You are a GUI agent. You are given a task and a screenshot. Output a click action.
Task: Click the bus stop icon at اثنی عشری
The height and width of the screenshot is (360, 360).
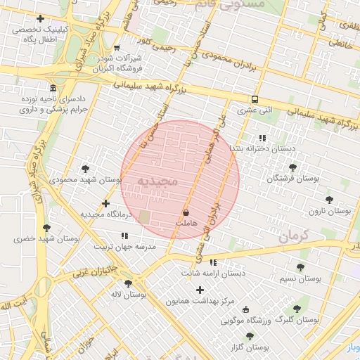255,99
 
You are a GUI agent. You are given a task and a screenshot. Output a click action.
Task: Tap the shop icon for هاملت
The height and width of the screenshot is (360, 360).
186,212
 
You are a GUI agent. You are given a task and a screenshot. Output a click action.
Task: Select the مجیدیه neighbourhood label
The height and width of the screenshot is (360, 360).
157,181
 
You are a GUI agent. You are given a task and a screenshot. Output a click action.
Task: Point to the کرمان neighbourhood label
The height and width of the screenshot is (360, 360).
294,236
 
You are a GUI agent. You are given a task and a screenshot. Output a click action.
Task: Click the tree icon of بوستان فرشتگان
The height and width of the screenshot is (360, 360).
292,167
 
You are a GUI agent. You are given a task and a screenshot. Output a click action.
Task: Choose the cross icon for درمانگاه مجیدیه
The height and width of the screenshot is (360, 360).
105,204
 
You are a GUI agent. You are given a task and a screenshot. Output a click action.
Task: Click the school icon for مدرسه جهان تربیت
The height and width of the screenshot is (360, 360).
124,236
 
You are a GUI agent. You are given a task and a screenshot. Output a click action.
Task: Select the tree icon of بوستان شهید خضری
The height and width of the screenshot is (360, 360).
46,228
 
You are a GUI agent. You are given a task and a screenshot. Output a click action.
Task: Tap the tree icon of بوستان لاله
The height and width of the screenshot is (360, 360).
128,283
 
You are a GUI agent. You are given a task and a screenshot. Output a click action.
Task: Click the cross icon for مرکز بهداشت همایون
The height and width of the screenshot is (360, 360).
200,290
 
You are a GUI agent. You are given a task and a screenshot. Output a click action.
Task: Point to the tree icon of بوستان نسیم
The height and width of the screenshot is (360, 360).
300,267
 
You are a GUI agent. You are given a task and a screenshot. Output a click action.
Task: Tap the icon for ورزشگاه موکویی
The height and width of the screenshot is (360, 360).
245,309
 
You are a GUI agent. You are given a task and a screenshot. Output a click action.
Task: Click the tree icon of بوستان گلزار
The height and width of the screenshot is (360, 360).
250,336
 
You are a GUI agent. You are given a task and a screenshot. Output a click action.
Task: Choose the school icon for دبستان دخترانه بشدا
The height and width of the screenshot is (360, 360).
262,138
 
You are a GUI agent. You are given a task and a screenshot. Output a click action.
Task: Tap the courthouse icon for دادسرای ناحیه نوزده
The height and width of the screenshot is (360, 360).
53,88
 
